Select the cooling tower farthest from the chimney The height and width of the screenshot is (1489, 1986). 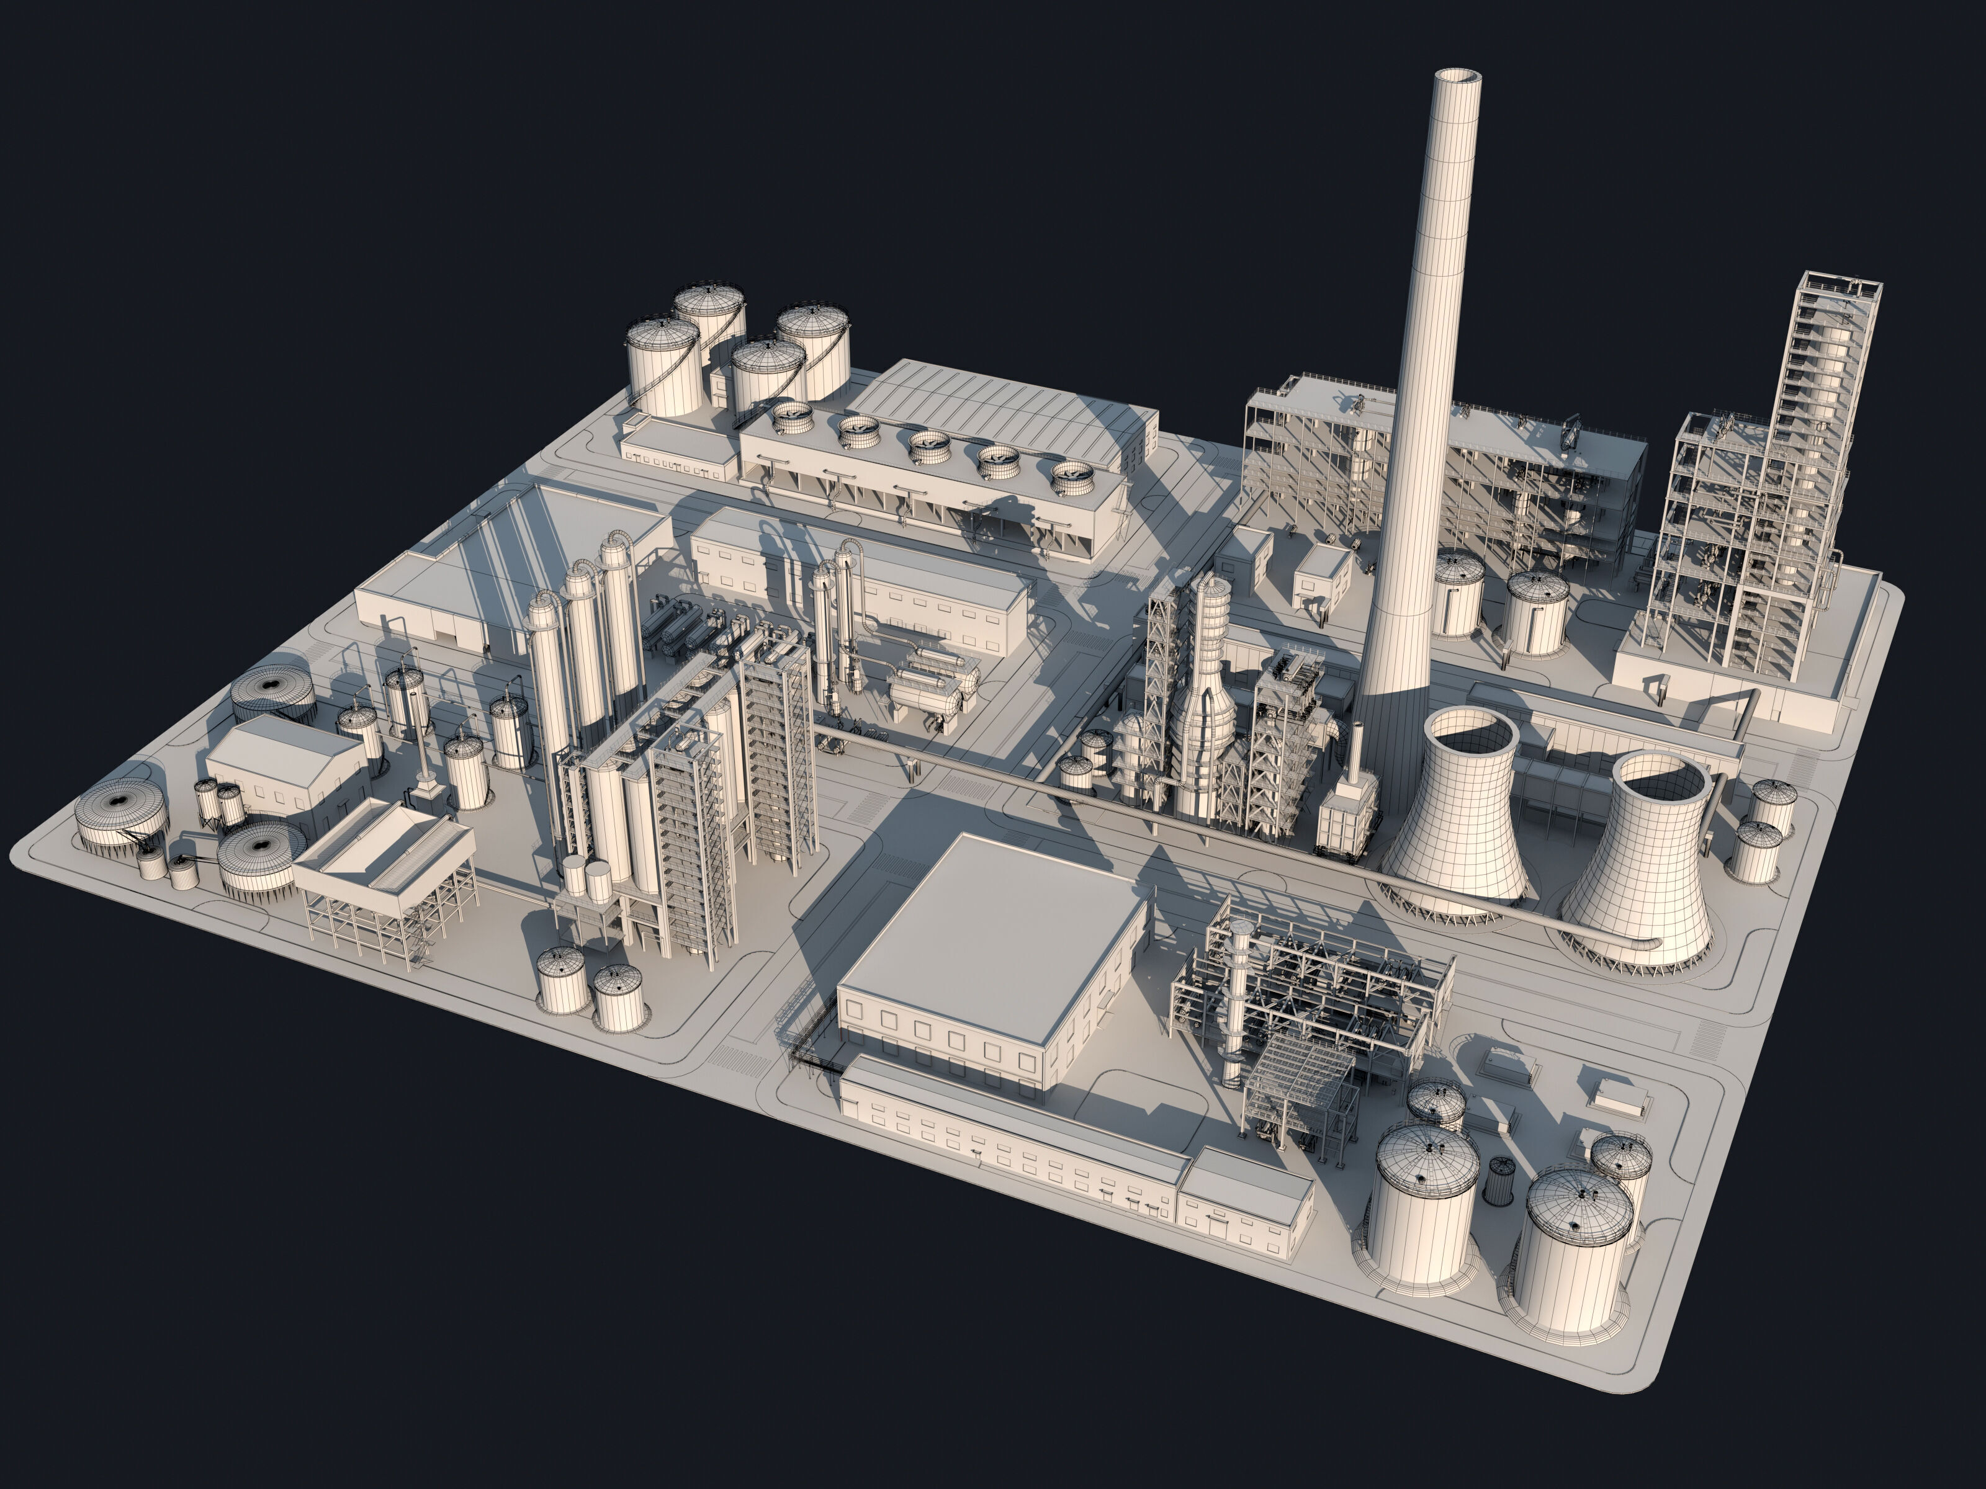[1636, 862]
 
